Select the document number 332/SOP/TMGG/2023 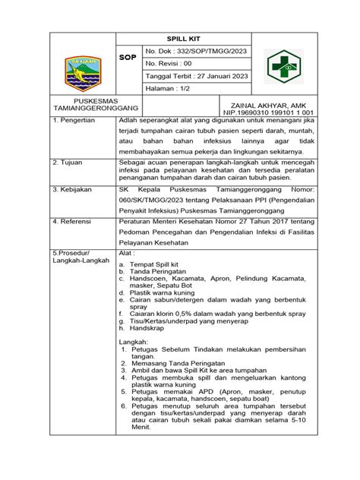coord(196,50)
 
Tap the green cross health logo coord(283,66)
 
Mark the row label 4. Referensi coord(73,221)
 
